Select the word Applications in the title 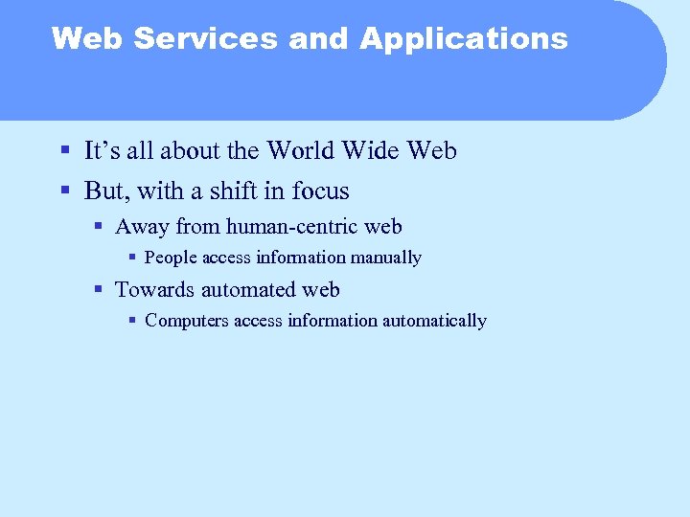(x=464, y=39)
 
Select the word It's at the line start (x=101, y=151)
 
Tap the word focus (x=320, y=191)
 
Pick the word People (x=171, y=258)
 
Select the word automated (x=249, y=290)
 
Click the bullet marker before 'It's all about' (x=64, y=151)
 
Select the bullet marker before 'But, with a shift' (x=64, y=191)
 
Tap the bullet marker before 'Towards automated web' (x=99, y=290)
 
